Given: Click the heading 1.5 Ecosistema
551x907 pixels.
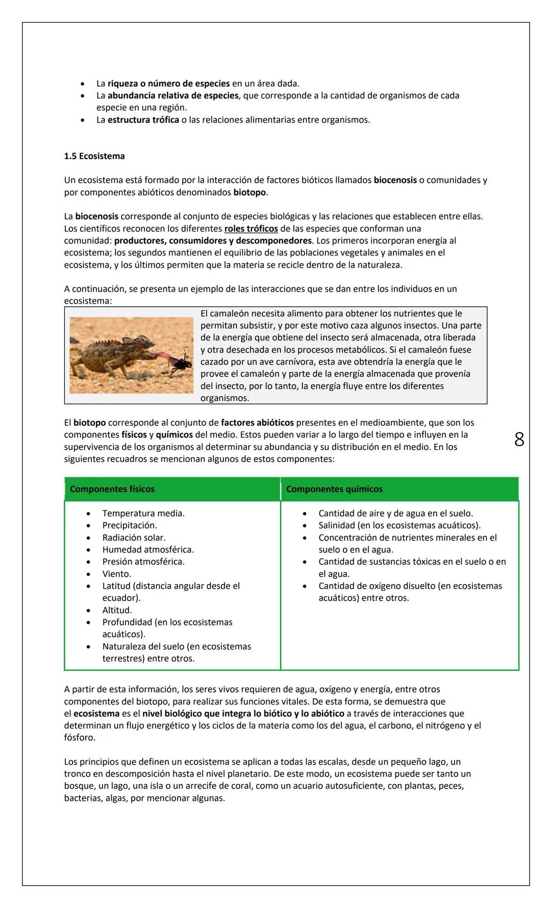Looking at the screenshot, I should click(x=94, y=156).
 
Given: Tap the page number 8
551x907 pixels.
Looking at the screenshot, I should click(x=519, y=439).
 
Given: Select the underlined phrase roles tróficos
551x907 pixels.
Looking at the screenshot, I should click(x=251, y=229).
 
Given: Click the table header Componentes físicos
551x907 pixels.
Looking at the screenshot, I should click(x=112, y=489).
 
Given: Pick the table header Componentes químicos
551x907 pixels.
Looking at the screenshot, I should click(x=334, y=489).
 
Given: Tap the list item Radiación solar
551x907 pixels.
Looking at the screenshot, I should click(x=134, y=538).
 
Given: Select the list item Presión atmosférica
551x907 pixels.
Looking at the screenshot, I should click(x=143, y=562).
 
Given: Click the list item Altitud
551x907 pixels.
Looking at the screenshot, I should click(x=117, y=610).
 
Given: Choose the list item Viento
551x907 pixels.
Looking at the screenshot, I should click(x=116, y=574).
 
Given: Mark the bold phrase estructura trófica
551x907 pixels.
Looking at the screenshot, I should click(x=143, y=120).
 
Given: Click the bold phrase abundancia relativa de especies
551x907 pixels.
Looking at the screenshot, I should click(x=173, y=95).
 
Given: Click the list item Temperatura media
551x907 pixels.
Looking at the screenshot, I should click(x=143, y=513).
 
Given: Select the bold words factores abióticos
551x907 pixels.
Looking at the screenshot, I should click(x=257, y=422).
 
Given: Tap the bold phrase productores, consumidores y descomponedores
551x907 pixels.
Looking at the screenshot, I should click(x=213, y=240).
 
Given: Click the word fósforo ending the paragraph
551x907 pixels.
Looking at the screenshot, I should click(x=79, y=738).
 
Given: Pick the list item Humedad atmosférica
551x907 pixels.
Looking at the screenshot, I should click(x=148, y=550).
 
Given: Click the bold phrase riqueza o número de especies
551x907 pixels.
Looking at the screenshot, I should click(x=168, y=83).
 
